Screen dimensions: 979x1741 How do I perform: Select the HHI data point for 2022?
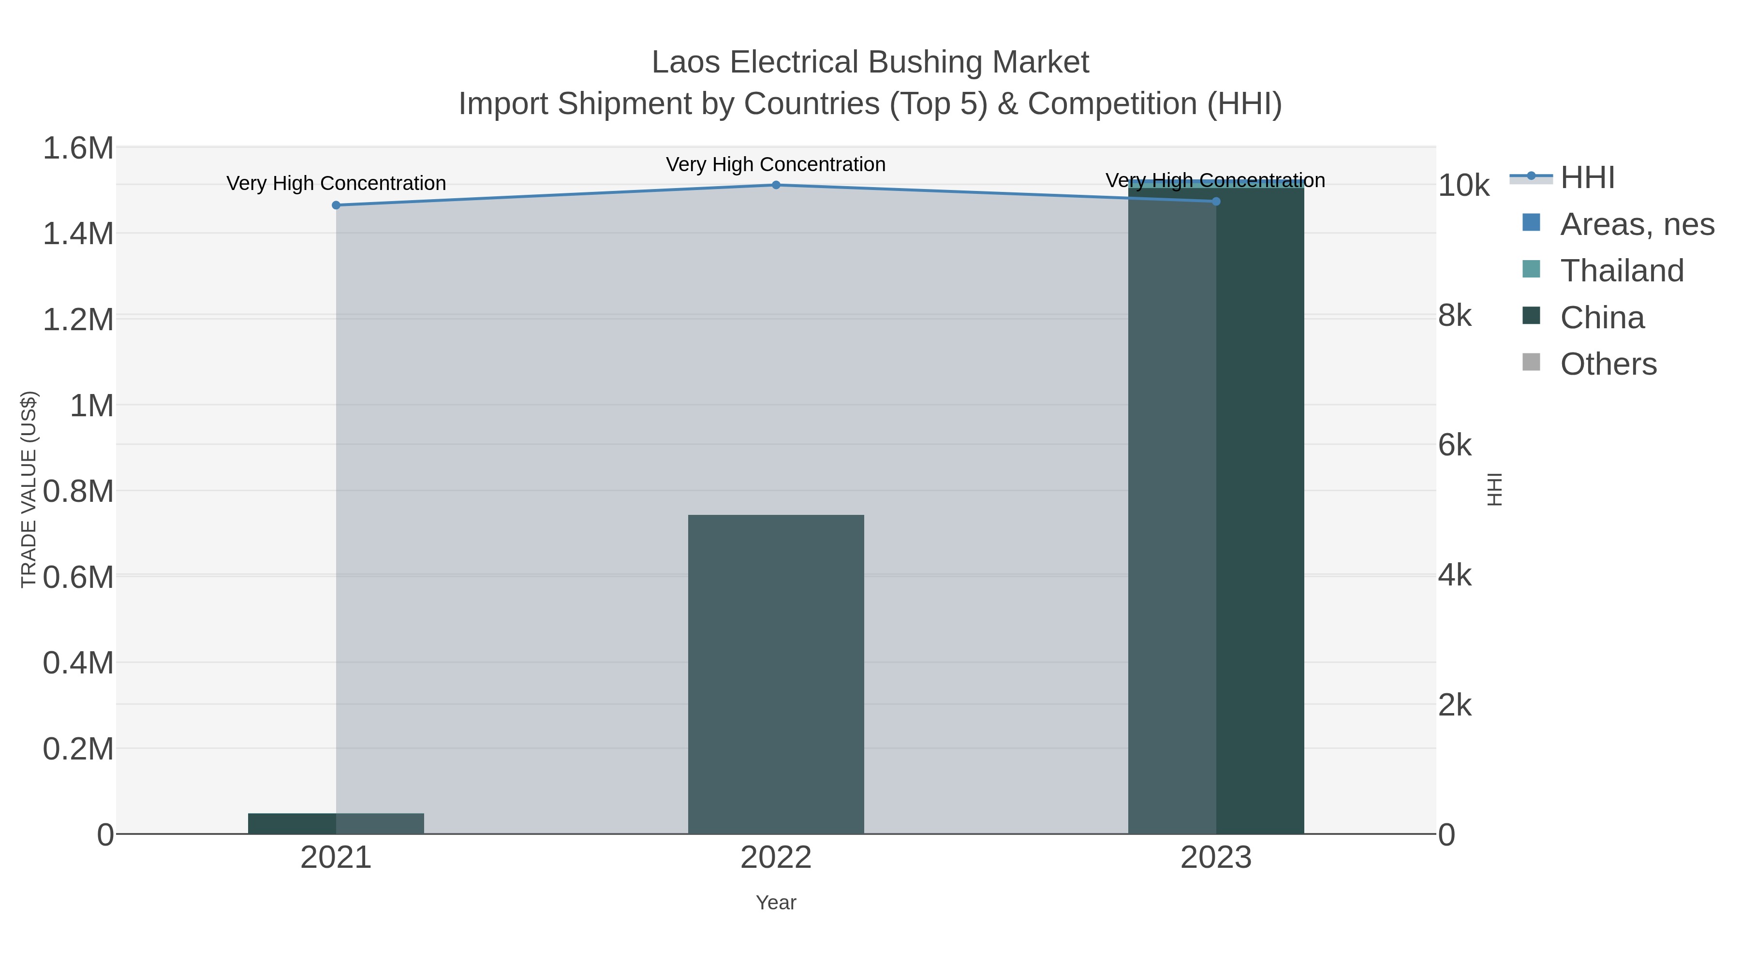776,185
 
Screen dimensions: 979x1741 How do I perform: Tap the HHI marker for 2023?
1216,201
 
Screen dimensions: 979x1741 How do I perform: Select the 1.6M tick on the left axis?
78,148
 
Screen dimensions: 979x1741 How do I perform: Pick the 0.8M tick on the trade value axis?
78,492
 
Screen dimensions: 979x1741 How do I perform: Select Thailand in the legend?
1622,271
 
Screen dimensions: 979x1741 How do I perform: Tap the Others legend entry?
1608,364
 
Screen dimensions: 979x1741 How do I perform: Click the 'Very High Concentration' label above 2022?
776,165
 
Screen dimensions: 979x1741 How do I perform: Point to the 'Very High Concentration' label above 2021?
336,184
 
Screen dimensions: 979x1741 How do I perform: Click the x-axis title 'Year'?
776,903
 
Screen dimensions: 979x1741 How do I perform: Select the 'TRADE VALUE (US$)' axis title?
29,490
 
